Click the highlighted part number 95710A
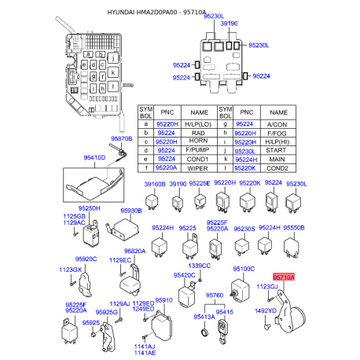[283, 277]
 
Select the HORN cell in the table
[200, 141]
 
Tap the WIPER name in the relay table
[200, 167]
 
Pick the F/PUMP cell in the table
[200, 150]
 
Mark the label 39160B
[153, 183]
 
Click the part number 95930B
[130, 211]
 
